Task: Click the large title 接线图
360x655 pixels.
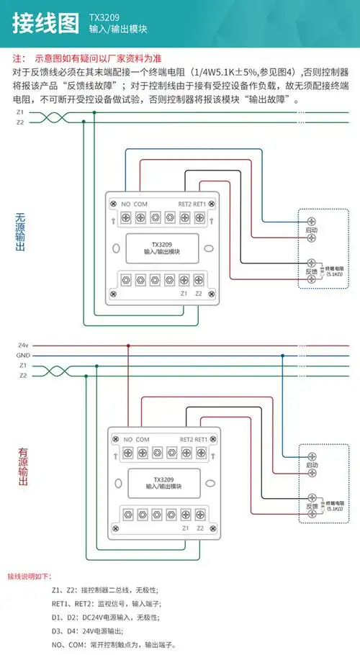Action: click(45, 23)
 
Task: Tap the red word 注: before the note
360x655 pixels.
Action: click(19, 58)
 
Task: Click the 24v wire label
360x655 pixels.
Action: click(22, 345)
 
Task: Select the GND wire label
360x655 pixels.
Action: click(22, 356)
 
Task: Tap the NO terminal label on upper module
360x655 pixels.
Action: click(125, 203)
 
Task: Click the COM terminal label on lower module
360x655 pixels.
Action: click(143, 439)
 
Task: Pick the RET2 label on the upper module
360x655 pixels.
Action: click(185, 203)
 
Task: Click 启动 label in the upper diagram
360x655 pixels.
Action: click(312, 230)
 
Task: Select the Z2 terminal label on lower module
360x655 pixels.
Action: click(199, 528)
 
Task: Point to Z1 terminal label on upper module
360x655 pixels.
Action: click(184, 293)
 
